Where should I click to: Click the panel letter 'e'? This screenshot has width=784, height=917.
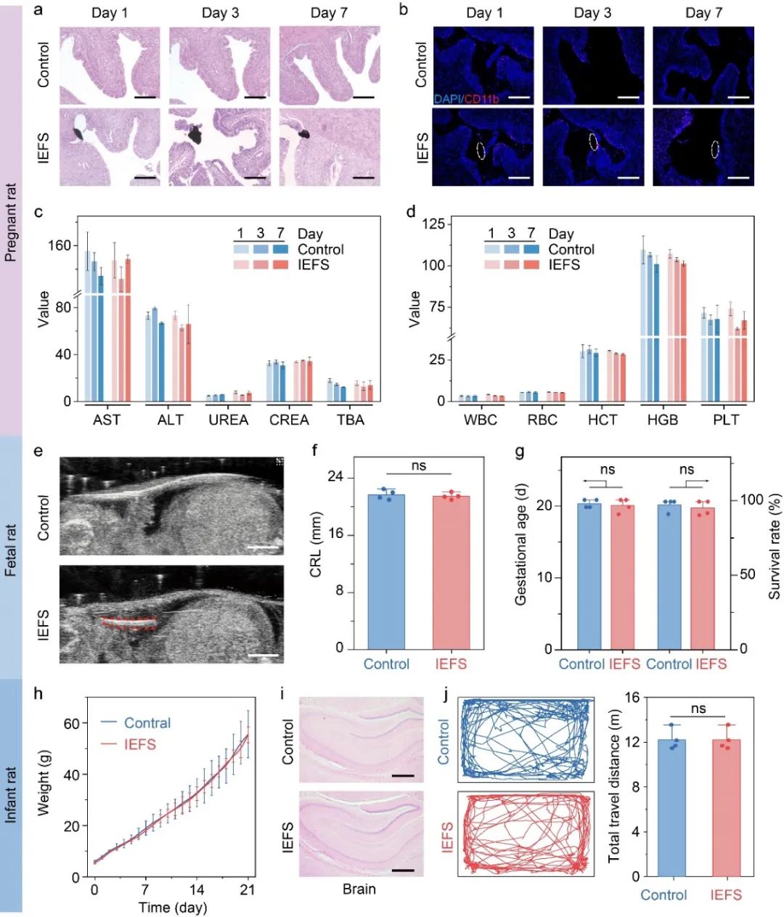click(x=38, y=451)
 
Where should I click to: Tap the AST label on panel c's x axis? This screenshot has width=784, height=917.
click(x=107, y=420)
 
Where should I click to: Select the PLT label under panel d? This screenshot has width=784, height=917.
click(x=726, y=420)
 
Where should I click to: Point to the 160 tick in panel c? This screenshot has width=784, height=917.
click(x=60, y=245)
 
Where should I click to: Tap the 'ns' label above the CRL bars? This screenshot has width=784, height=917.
click(x=418, y=466)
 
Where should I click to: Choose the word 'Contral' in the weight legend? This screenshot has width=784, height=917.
click(x=147, y=723)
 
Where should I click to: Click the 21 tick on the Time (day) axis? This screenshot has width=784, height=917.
click(x=248, y=890)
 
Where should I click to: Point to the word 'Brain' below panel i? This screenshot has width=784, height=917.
click(x=359, y=889)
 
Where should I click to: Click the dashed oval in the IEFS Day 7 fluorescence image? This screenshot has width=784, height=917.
click(x=715, y=150)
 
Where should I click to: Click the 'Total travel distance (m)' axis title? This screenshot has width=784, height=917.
click(x=614, y=787)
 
